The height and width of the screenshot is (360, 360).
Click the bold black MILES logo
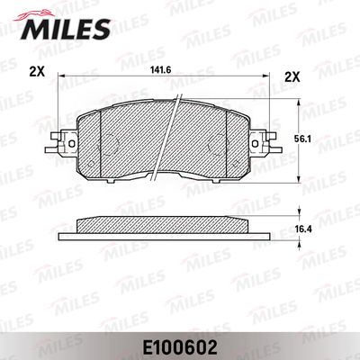[x=66, y=29]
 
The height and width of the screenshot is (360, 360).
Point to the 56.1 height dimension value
[x=303, y=139]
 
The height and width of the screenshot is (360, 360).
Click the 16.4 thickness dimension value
[x=304, y=229]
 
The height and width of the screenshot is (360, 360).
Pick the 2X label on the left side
[x=37, y=72]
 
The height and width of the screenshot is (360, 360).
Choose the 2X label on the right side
[x=292, y=78]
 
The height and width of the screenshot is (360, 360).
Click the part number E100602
[x=180, y=348]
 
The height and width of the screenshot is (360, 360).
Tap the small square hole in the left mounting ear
[x=72, y=144]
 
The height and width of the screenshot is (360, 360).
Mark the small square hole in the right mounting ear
[x=256, y=144]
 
